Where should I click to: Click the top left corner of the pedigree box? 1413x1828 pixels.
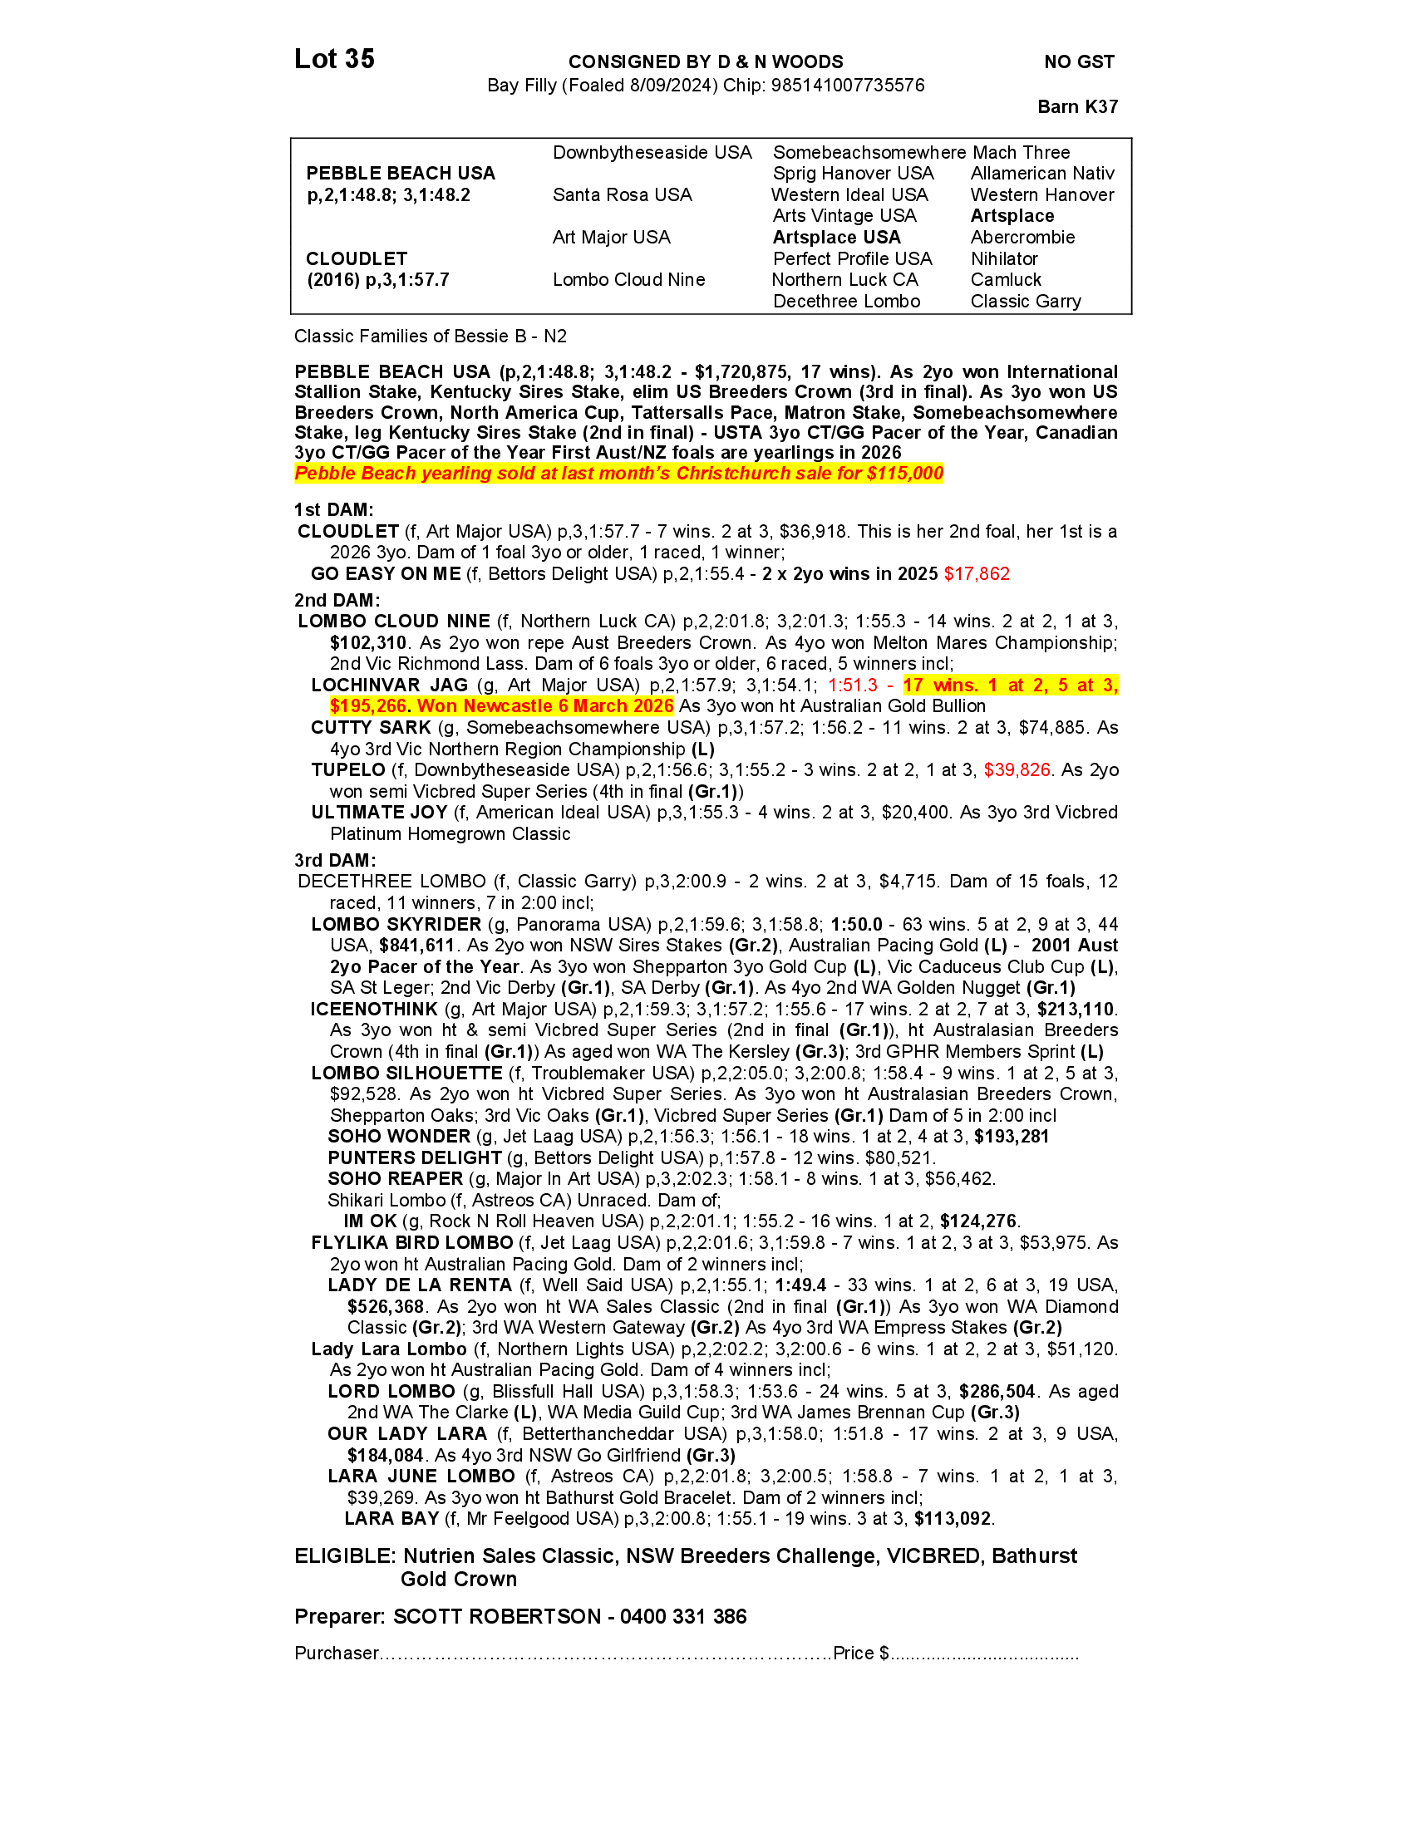[291, 139]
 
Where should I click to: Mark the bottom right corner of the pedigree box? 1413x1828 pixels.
[1132, 314]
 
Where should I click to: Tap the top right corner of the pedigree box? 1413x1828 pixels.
[1132, 139]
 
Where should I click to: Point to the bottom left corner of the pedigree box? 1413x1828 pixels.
[291, 314]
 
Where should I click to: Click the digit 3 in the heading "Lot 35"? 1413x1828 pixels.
[352, 60]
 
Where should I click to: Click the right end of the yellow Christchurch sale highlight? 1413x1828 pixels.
[944, 474]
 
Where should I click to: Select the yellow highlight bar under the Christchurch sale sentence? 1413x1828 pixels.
[619, 474]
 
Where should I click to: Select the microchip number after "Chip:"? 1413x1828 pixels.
[848, 86]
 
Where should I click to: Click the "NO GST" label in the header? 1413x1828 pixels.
[1079, 62]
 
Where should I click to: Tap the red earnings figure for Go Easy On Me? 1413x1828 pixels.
[977, 574]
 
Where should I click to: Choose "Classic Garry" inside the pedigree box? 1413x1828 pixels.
[1026, 302]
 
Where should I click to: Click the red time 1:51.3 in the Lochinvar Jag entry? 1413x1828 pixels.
[853, 685]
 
